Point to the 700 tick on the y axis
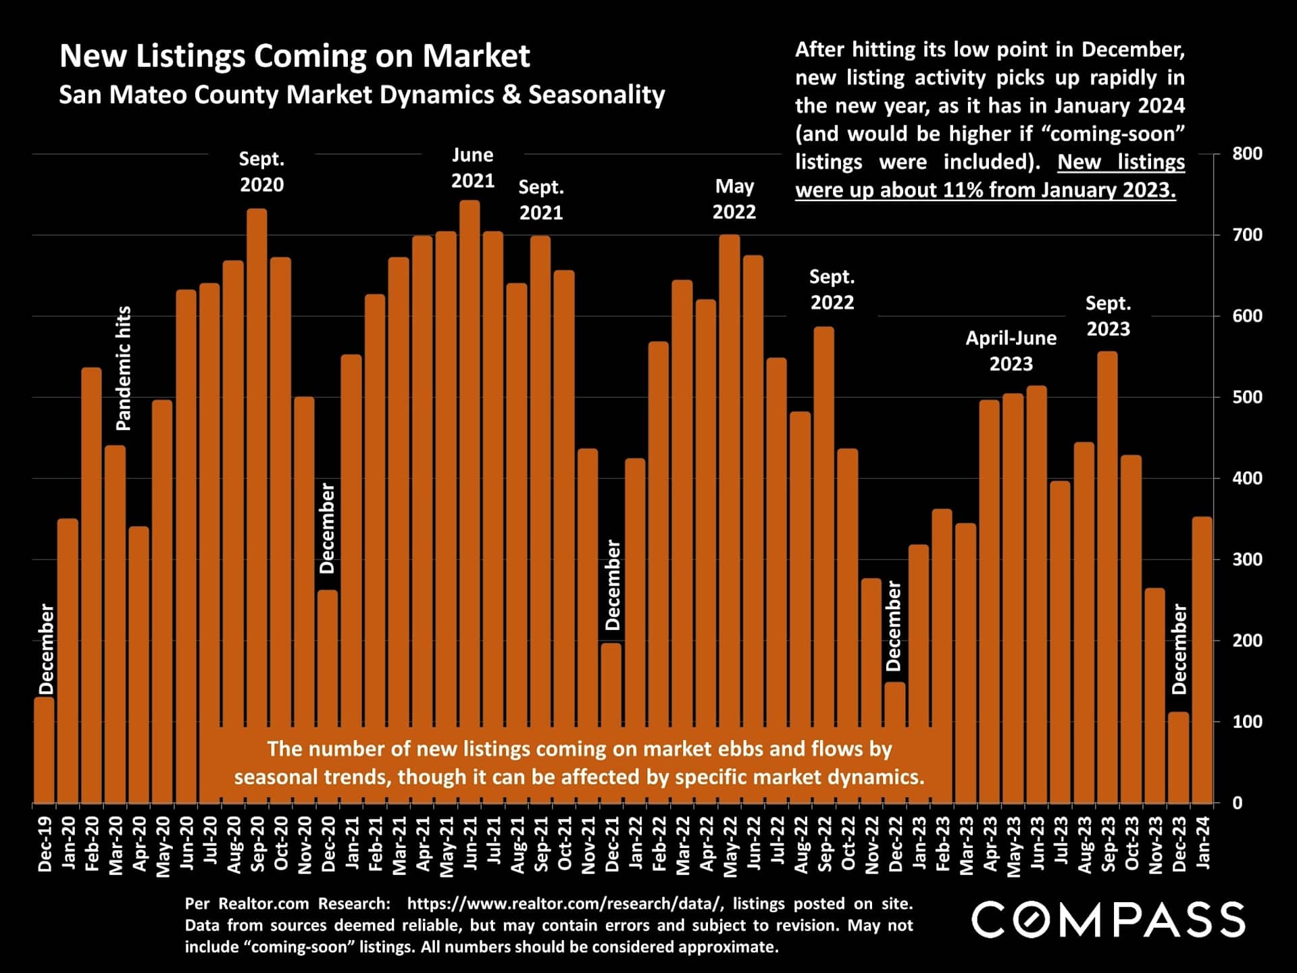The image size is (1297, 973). (x=1247, y=235)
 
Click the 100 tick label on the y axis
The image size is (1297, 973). (x=1247, y=722)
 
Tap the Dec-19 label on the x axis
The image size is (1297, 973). (x=45, y=844)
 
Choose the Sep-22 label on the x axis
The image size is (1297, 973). (x=825, y=844)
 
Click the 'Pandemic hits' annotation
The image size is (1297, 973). (x=124, y=368)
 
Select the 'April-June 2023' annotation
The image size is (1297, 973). (x=1011, y=350)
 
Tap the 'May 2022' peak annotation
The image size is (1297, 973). (x=734, y=199)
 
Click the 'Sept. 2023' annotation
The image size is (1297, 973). (x=1108, y=316)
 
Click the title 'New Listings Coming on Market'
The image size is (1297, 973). (x=295, y=55)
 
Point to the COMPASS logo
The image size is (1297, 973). (x=1108, y=920)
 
